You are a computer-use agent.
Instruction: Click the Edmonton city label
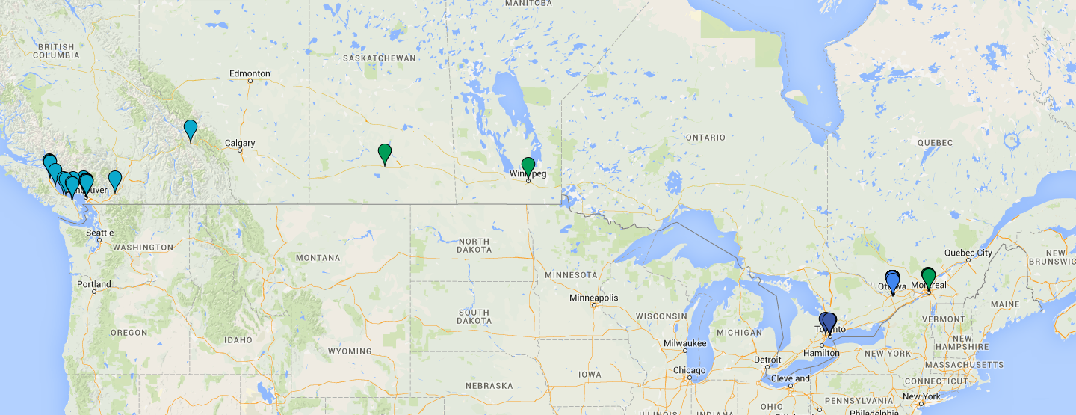[x=250, y=73]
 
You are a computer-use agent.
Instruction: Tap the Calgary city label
[x=240, y=143]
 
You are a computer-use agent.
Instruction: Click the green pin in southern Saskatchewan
[x=385, y=153]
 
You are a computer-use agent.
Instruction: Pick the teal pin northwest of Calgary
[x=191, y=130]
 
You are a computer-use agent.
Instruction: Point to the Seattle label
[x=99, y=233]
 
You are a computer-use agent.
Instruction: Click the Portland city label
[x=93, y=284]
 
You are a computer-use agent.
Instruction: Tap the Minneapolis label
[x=594, y=298]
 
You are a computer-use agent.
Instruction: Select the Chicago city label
[x=689, y=371]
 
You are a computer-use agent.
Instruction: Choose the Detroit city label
[x=767, y=360]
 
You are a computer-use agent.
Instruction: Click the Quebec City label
[x=968, y=253]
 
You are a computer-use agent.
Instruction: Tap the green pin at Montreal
[x=928, y=277]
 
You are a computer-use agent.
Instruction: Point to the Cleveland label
[x=791, y=378]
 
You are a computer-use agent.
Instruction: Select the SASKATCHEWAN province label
[x=379, y=58]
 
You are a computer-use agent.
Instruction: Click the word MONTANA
[x=318, y=258]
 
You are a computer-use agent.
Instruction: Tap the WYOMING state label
[x=349, y=351]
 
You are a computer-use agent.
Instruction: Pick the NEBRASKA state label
[x=489, y=386]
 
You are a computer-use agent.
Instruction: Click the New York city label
[x=921, y=396]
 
